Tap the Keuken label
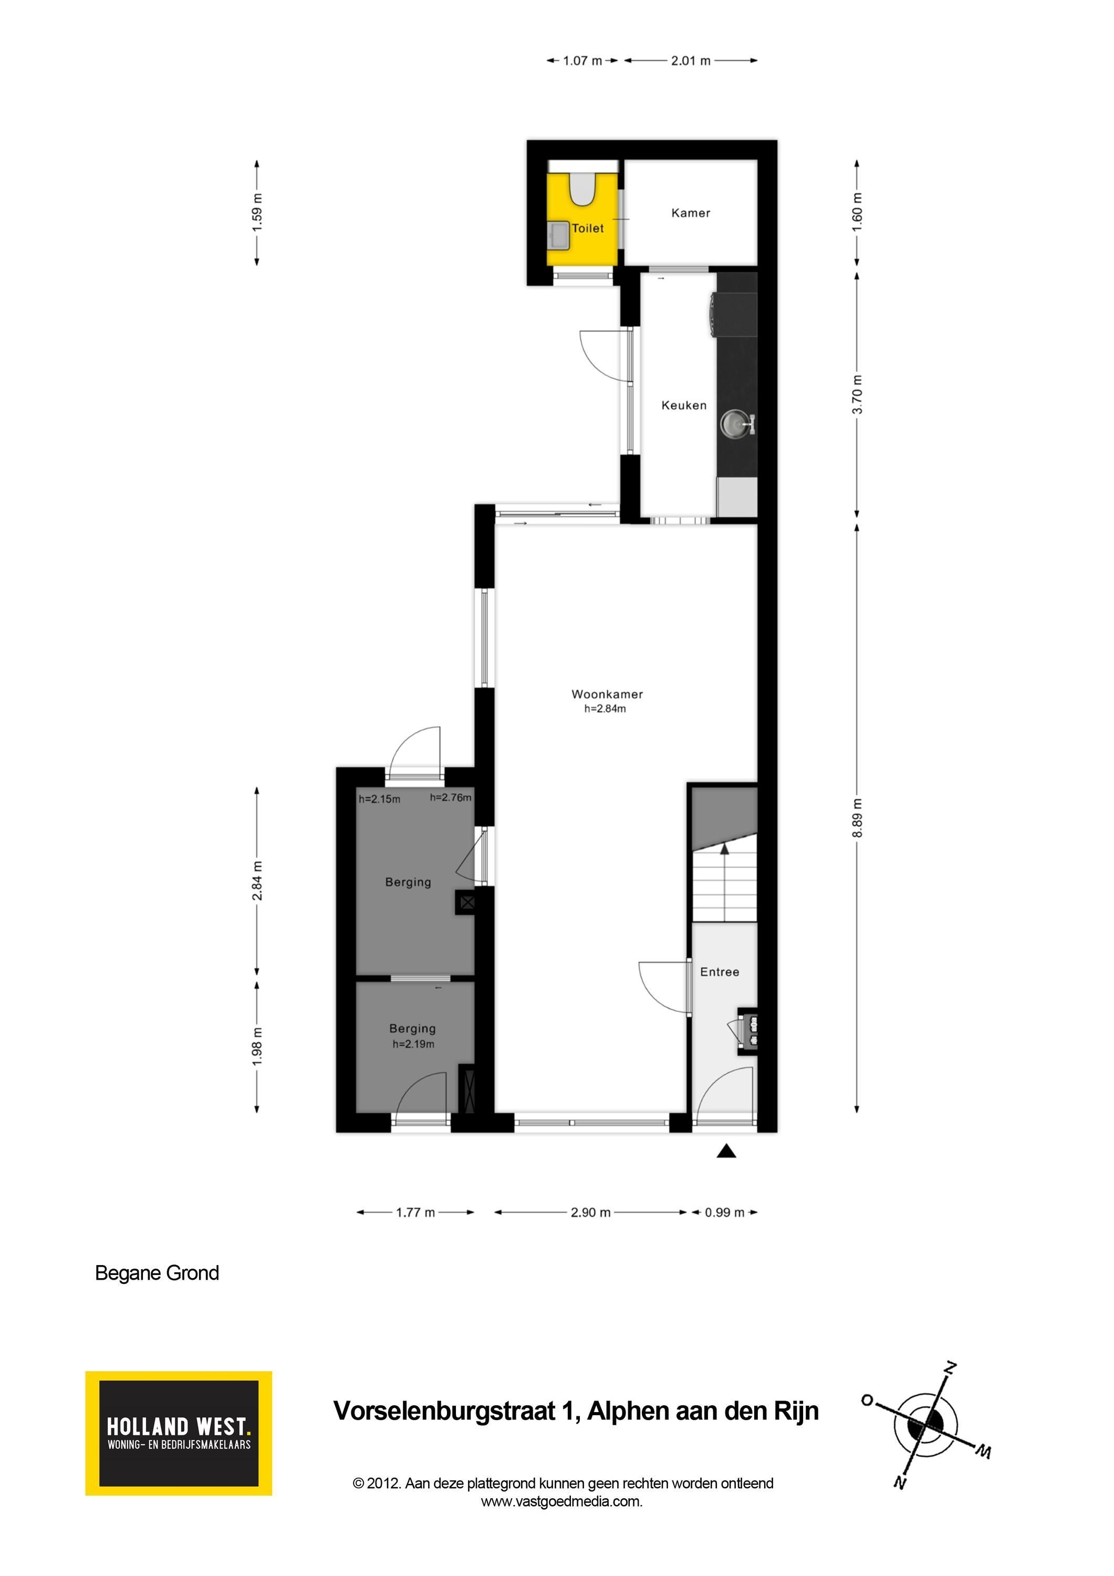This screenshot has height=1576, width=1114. click(x=684, y=406)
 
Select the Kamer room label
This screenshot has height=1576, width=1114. click(x=691, y=213)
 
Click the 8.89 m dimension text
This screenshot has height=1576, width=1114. click(x=857, y=818)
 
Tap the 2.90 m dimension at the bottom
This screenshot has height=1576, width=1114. click(x=590, y=1212)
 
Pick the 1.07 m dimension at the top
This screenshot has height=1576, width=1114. click(x=582, y=60)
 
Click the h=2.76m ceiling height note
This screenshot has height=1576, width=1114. click(x=450, y=797)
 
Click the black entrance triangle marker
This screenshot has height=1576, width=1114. click(x=726, y=1151)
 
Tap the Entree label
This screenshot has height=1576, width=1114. click(x=720, y=972)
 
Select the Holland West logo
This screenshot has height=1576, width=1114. click(x=179, y=1433)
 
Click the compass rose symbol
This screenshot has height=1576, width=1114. click(x=926, y=1424)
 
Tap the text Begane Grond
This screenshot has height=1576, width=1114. click(x=157, y=1272)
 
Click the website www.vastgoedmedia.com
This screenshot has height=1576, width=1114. click(x=561, y=1501)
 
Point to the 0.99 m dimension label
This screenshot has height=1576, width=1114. click(x=724, y=1212)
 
